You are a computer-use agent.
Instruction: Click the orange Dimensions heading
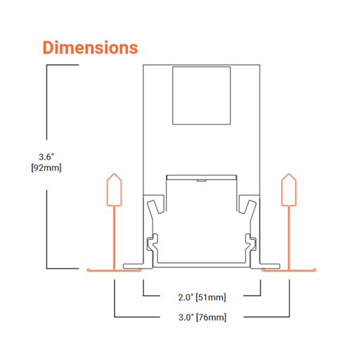[90, 48]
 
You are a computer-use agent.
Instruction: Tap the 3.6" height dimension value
[46, 157]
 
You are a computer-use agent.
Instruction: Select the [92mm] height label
[46, 167]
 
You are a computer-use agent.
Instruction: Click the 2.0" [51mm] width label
[202, 297]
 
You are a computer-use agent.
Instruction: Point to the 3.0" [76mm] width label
[202, 317]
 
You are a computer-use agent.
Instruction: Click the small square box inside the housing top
[202, 96]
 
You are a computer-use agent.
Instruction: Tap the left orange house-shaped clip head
[114, 190]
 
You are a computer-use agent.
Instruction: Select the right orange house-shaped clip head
[289, 190]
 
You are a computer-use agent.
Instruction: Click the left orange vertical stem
[115, 238]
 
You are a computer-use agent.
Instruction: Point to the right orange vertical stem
[289, 238]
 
